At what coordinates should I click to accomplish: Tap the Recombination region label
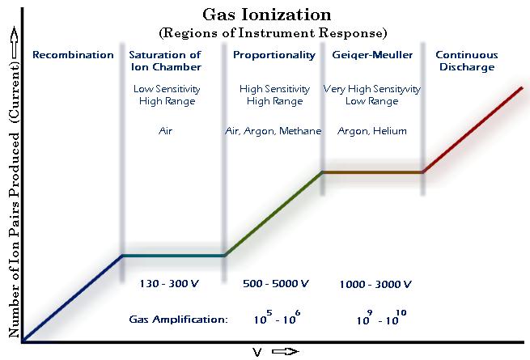(x=73, y=55)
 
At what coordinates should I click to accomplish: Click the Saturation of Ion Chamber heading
(x=165, y=61)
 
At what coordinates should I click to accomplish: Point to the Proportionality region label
(x=275, y=55)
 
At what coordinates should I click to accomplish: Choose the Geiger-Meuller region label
(x=372, y=55)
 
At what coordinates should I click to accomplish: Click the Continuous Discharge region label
(x=467, y=61)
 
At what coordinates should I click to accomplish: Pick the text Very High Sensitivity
(x=372, y=87)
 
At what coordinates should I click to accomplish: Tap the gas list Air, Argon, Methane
(x=273, y=131)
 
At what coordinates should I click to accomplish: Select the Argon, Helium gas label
(x=372, y=131)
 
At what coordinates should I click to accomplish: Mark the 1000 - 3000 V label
(x=375, y=284)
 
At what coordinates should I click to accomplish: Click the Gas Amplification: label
(x=178, y=320)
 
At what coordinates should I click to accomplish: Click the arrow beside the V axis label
(x=285, y=352)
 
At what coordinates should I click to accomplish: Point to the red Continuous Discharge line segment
(x=473, y=129)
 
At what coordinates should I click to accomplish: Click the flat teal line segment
(x=173, y=256)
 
